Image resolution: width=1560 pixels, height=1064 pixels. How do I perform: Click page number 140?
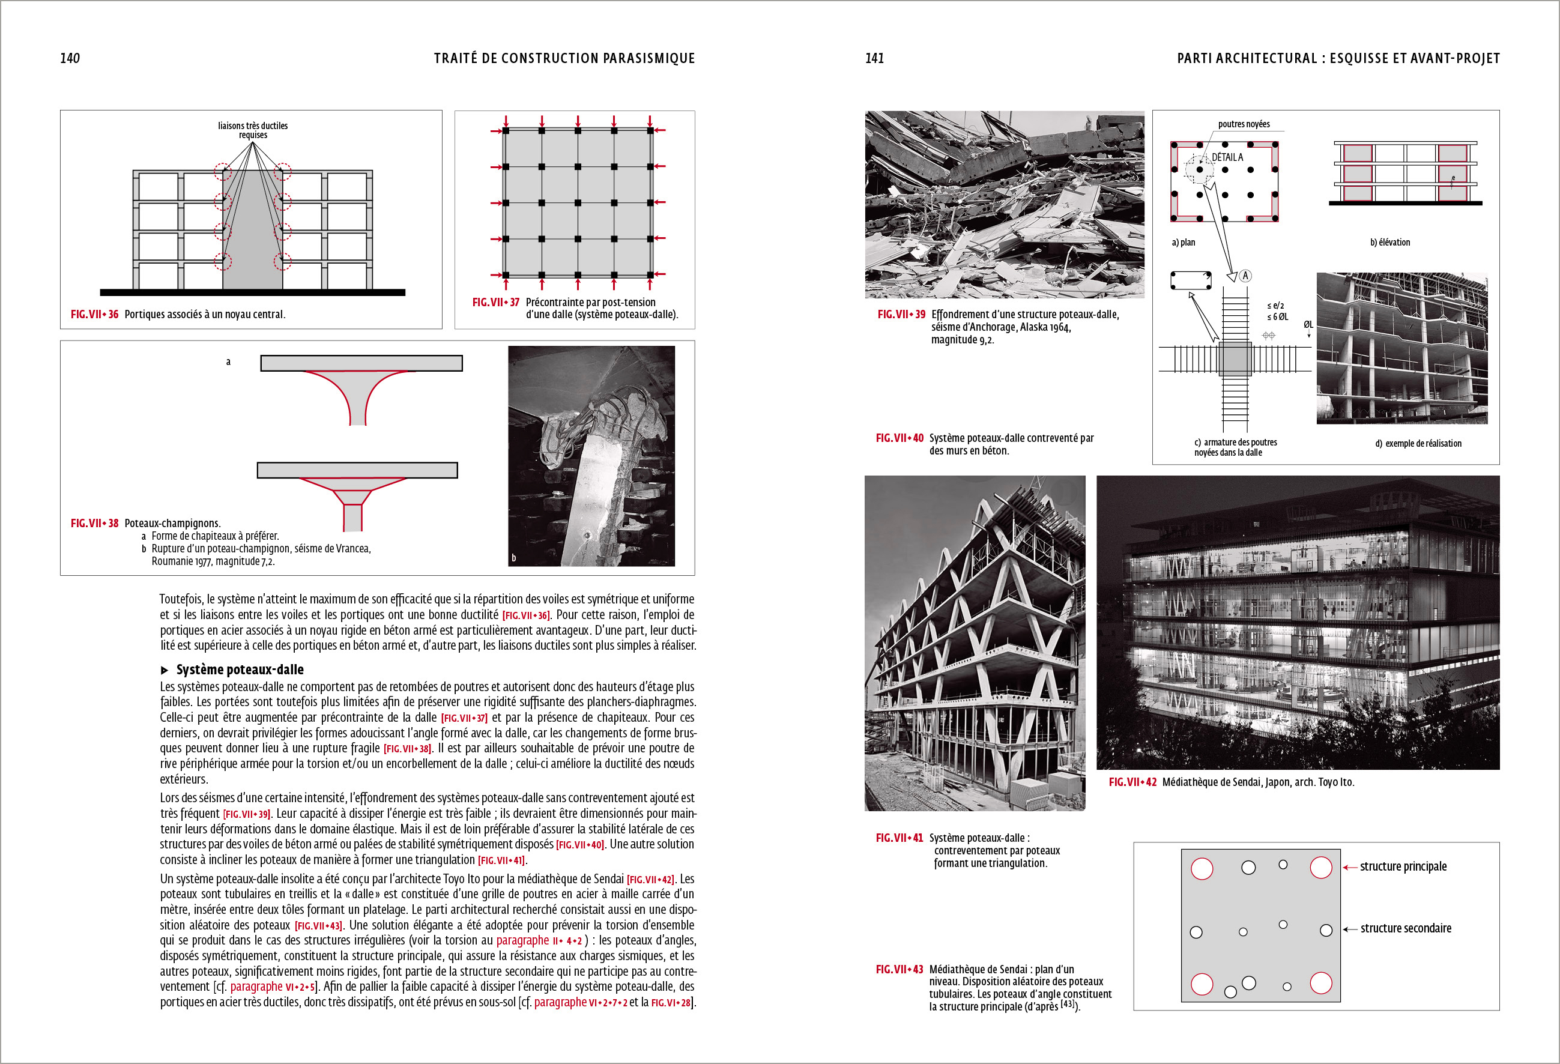[70, 58]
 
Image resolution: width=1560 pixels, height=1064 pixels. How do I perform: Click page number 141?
[874, 58]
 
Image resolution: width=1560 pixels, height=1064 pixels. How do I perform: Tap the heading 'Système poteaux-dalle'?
[239, 670]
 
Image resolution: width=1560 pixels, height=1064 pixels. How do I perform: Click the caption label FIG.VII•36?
[94, 314]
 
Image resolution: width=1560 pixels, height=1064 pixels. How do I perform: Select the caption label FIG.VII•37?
[495, 302]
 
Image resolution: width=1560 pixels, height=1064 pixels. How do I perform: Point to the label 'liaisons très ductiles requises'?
[252, 130]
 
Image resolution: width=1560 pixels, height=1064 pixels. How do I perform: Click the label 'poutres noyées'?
[1243, 124]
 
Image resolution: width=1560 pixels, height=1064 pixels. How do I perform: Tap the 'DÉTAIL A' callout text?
[1227, 157]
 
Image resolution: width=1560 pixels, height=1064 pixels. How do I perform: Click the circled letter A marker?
[1245, 276]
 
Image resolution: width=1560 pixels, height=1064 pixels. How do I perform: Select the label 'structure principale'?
[1403, 866]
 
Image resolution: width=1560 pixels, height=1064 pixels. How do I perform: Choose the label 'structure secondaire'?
[1405, 928]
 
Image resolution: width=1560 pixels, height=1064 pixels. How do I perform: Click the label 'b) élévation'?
[1389, 243]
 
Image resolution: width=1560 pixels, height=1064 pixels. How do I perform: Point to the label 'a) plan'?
[1183, 243]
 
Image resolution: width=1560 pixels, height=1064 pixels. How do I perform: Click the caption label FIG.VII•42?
[1132, 782]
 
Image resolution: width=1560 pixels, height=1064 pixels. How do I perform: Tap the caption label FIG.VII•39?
[901, 314]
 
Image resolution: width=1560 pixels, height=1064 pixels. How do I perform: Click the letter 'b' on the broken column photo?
[514, 558]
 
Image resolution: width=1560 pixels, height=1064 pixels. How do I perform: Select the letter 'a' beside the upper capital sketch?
[228, 362]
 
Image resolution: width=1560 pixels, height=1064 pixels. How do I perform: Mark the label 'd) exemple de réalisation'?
[1418, 444]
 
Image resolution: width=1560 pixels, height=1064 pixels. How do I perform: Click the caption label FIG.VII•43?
[899, 969]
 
